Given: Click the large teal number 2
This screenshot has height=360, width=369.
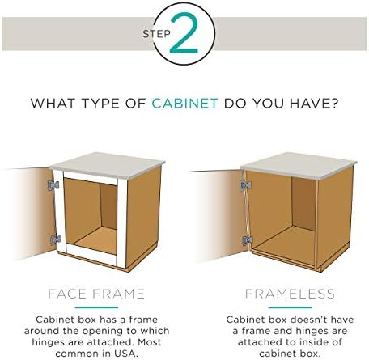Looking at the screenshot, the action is click(x=184, y=33).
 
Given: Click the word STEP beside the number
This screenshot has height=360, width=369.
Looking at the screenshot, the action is click(x=157, y=34).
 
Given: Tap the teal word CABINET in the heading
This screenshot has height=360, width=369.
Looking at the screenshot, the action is click(x=184, y=104).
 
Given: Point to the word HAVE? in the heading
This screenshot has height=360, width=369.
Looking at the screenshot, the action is click(x=314, y=104).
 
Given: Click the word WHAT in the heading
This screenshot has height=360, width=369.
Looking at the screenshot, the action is click(x=53, y=104).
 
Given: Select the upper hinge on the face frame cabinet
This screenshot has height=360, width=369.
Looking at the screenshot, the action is click(x=53, y=185).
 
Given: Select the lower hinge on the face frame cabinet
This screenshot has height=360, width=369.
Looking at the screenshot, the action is click(x=55, y=240).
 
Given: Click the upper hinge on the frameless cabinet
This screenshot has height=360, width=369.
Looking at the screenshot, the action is click(x=245, y=185).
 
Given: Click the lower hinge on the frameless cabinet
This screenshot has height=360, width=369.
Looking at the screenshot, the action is click(x=247, y=240).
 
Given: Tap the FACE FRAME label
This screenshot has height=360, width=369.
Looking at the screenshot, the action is click(x=96, y=294).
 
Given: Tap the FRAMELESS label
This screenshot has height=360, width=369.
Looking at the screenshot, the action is click(x=290, y=294).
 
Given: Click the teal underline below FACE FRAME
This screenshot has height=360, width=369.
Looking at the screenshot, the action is click(x=96, y=307).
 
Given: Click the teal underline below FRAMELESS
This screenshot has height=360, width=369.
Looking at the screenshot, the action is click(x=290, y=307).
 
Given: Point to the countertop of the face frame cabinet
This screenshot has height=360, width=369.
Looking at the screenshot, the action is click(x=108, y=165).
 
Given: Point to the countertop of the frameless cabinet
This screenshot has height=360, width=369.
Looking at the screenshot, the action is click(x=299, y=165).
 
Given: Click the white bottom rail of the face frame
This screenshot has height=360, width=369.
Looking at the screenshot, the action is click(x=91, y=254).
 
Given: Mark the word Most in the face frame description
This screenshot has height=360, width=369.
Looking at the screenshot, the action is click(x=150, y=342).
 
